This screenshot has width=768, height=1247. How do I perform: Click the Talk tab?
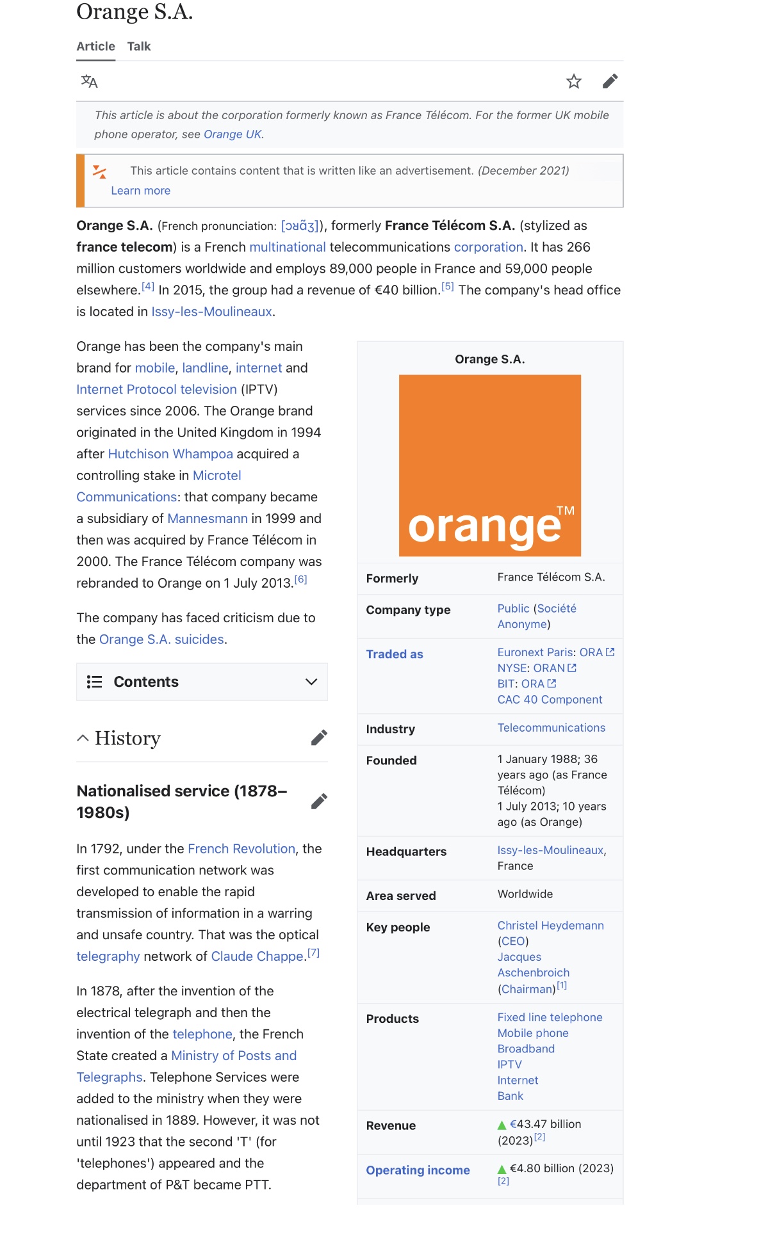(x=138, y=46)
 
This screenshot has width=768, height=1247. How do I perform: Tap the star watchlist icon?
(x=573, y=81)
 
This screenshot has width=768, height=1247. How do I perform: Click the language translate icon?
(x=89, y=81)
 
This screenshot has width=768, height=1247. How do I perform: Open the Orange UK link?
(x=233, y=134)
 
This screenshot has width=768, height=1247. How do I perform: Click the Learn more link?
(x=140, y=191)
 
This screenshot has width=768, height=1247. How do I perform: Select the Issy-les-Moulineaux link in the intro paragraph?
(x=211, y=312)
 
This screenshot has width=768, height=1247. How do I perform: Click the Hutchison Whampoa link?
(x=170, y=454)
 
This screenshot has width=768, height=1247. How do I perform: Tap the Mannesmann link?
(x=207, y=519)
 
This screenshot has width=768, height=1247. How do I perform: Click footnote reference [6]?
(x=300, y=580)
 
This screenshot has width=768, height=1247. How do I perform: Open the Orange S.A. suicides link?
(x=161, y=640)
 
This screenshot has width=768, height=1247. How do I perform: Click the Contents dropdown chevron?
(x=311, y=682)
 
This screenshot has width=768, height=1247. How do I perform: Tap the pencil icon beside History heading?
(x=319, y=738)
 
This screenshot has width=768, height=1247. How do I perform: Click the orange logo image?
(x=489, y=465)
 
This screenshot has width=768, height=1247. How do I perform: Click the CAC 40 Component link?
(x=550, y=700)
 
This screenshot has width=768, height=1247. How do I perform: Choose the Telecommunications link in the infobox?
(x=551, y=728)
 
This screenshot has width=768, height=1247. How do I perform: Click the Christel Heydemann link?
(x=550, y=926)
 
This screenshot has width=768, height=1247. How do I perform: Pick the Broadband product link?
(x=526, y=1049)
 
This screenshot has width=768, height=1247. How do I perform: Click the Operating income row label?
(x=418, y=1170)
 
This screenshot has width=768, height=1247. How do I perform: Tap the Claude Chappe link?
(x=257, y=956)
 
